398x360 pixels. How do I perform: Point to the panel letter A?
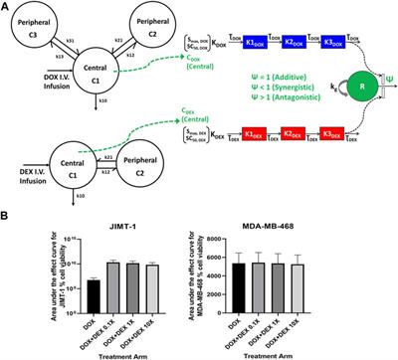point(8,8)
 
